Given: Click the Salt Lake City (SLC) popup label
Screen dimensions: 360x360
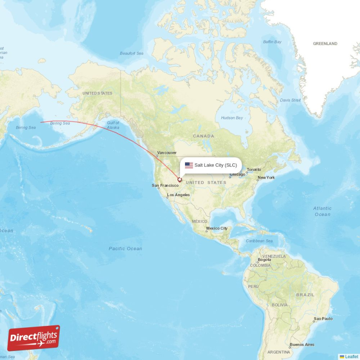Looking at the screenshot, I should click(x=216, y=165).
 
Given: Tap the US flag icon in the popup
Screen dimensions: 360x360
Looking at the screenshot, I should click(x=189, y=165).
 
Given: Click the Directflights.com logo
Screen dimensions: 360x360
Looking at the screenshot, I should click(x=34, y=338).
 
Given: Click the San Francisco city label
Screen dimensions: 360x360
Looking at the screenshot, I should click(x=165, y=185).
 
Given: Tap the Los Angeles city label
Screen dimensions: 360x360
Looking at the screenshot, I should click(x=178, y=195).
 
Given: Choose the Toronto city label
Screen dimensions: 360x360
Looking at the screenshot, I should click(x=254, y=170).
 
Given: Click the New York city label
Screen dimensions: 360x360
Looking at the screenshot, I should click(x=266, y=178).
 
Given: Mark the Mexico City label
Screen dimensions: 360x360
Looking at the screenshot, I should click(x=216, y=229).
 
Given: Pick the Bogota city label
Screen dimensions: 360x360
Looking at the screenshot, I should click(x=264, y=260).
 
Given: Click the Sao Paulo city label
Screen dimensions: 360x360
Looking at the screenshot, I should click(x=323, y=319).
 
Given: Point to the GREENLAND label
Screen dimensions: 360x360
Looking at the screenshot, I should click(x=325, y=44).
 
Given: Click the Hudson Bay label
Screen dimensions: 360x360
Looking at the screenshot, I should click(x=232, y=118).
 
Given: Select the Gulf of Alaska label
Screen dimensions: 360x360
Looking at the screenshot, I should click(x=113, y=125).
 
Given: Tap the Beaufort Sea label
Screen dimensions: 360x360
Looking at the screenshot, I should click(x=131, y=54).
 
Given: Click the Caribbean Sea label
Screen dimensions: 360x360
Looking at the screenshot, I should click(x=259, y=241).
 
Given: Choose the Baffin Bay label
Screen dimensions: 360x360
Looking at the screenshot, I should click(x=272, y=42).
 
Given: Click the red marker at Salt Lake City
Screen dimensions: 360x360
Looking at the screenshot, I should click(x=180, y=180).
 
